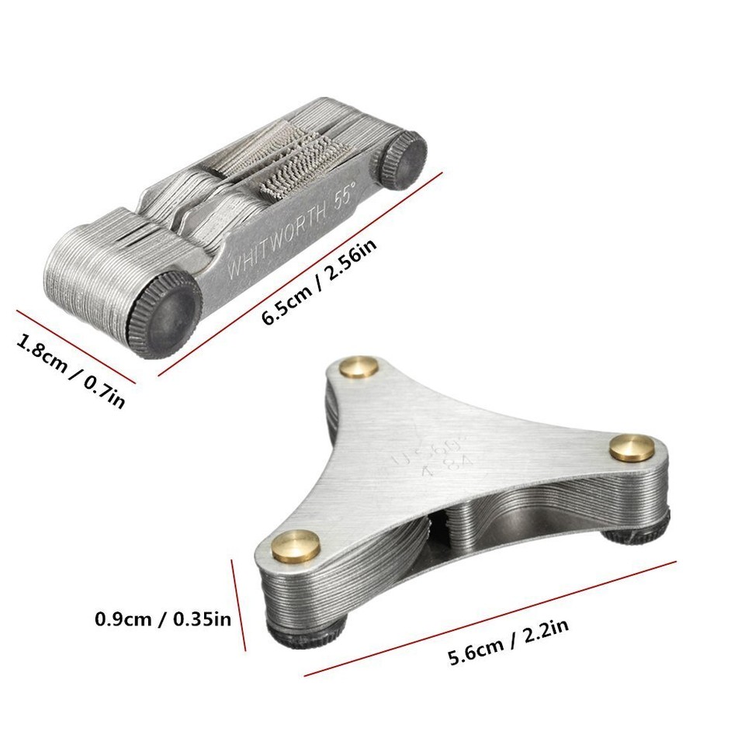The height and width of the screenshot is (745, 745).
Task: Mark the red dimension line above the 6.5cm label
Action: (303, 272)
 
